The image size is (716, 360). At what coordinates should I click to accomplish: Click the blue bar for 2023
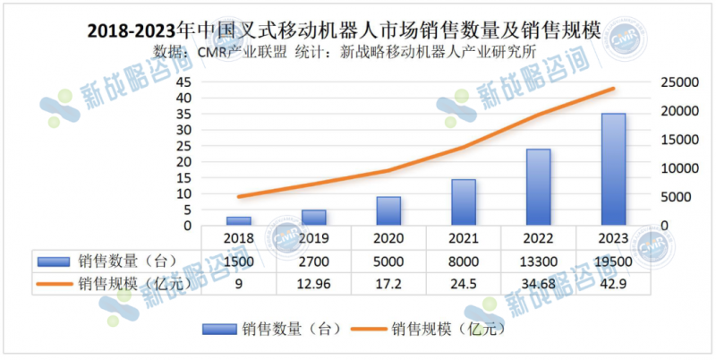point(613,169)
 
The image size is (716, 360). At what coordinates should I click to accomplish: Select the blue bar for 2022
point(538,186)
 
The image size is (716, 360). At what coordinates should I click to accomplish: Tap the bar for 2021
point(464,202)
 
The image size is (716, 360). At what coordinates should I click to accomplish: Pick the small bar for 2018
point(238,220)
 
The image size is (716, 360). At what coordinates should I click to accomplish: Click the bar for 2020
point(388,210)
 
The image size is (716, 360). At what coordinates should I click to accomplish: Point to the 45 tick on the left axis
point(183,82)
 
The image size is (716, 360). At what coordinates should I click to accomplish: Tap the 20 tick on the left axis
point(183,162)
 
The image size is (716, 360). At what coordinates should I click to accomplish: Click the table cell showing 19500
point(613,261)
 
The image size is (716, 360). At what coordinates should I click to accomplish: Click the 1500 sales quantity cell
point(238,261)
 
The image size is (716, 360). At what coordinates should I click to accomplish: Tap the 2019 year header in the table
point(313,238)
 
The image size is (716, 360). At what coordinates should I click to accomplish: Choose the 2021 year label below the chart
point(464,238)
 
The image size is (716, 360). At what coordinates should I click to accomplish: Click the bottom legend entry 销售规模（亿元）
point(448,330)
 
